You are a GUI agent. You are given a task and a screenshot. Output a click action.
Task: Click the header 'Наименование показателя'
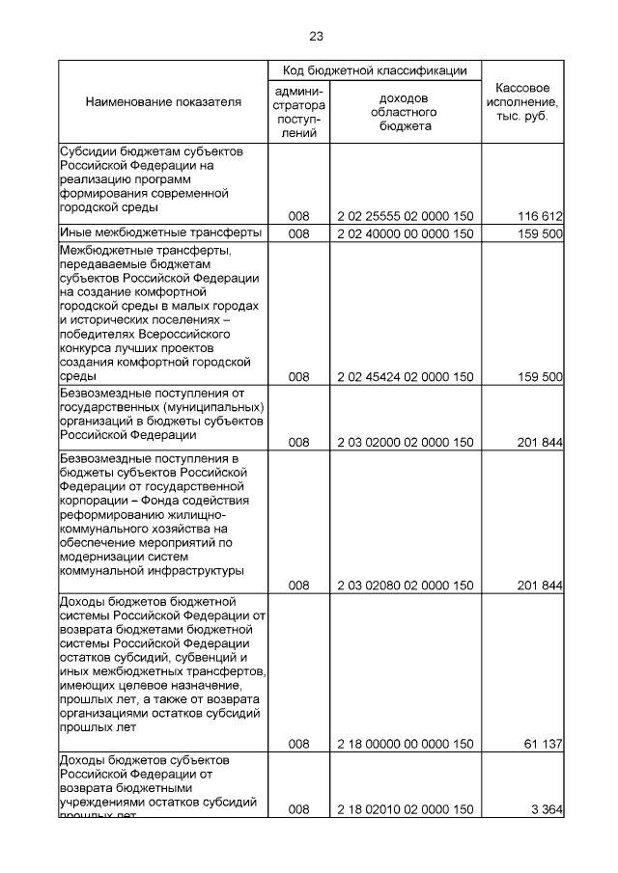point(163,101)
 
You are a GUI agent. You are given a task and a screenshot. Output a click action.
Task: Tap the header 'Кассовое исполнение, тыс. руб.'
point(522,101)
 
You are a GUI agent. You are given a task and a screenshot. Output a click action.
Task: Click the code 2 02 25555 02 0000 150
point(405,216)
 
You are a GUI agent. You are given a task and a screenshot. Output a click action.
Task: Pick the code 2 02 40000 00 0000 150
point(405,233)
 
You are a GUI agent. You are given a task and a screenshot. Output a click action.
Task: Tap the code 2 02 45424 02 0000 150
point(405,377)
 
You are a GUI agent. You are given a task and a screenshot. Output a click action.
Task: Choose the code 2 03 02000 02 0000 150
point(405,443)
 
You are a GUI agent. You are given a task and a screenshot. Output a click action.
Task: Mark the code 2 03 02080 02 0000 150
point(405,586)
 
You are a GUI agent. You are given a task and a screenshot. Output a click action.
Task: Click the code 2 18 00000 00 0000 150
point(405,744)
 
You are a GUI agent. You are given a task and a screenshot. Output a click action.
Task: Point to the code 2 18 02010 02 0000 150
point(405,809)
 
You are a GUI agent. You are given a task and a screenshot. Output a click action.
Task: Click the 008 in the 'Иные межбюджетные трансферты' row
point(298,233)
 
